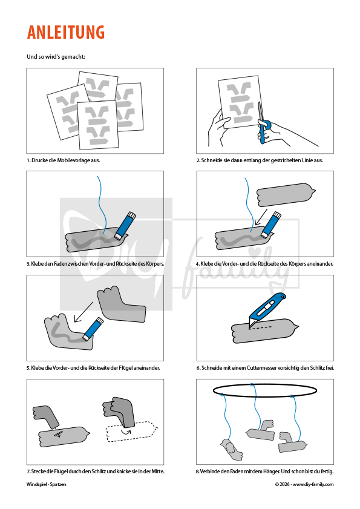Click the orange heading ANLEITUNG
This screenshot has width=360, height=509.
(x=65, y=32)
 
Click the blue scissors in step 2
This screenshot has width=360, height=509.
(x=262, y=123)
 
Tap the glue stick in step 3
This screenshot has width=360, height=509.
(x=125, y=225)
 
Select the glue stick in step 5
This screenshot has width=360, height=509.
(x=93, y=329)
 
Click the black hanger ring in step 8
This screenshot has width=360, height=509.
(x=264, y=390)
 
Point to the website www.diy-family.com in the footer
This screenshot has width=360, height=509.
(x=313, y=484)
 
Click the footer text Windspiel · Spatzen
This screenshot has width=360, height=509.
(x=47, y=484)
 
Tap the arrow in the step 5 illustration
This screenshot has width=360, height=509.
(x=83, y=312)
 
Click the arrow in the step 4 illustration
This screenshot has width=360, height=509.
(x=261, y=217)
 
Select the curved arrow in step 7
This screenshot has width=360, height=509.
(x=126, y=432)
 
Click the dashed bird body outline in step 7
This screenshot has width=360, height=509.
(x=132, y=432)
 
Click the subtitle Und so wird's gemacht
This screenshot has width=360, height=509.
(x=56, y=56)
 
